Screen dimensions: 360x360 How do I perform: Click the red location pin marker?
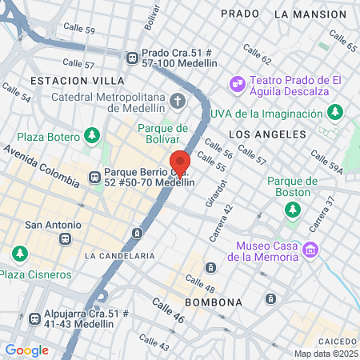[x=180, y=162]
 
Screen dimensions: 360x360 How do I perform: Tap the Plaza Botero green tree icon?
[x=94, y=133]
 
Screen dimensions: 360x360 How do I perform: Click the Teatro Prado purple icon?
[x=237, y=81]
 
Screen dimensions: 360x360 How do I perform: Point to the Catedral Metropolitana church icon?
[x=177, y=102]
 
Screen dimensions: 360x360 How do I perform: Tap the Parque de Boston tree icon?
[x=293, y=209]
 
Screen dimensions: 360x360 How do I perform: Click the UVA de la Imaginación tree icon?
[x=339, y=112]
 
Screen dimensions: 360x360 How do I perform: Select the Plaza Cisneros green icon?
[x=19, y=254]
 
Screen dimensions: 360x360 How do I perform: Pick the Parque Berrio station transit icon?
[x=94, y=176]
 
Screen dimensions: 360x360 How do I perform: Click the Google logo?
[x=26, y=350]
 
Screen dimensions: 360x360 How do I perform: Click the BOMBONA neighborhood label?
[x=213, y=302]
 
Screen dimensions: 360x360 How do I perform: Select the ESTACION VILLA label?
[x=77, y=81]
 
